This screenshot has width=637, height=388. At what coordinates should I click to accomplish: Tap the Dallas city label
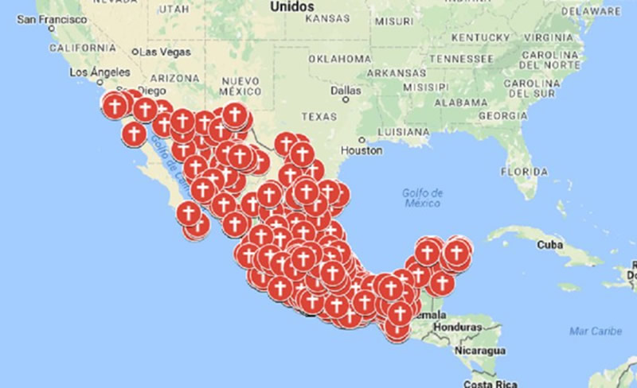(x=346, y=90)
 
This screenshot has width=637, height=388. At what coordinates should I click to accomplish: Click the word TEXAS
(x=319, y=116)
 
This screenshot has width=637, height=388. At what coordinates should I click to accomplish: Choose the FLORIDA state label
(x=524, y=171)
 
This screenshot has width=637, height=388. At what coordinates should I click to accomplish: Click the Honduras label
(x=459, y=327)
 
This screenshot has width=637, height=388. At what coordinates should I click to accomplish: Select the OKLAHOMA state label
(x=339, y=59)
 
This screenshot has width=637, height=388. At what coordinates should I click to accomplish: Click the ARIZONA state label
(x=174, y=78)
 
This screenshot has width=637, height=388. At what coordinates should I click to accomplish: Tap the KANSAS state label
(x=327, y=17)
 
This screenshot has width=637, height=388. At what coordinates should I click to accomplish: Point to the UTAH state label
(x=174, y=8)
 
